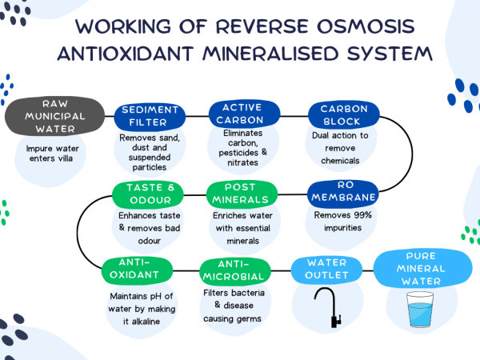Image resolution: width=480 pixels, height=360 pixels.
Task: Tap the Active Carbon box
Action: (x=242, y=114)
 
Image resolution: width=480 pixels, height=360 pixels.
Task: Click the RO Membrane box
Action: (x=342, y=192)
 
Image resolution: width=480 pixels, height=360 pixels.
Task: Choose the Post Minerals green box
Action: (x=242, y=193)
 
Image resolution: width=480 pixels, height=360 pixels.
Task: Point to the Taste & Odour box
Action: (x=149, y=194)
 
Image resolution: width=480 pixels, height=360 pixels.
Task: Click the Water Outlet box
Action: (x=328, y=269)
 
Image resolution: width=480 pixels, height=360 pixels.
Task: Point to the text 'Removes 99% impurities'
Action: (x=342, y=221)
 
